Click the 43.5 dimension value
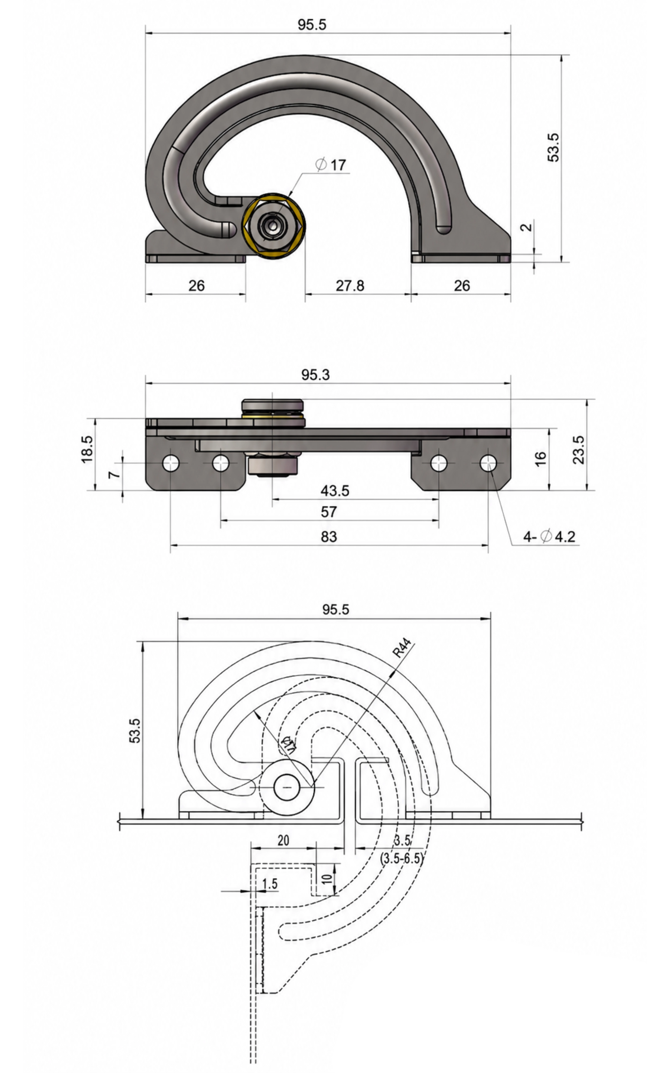point(335,491)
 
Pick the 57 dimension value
point(329,512)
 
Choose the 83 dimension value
point(329,537)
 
